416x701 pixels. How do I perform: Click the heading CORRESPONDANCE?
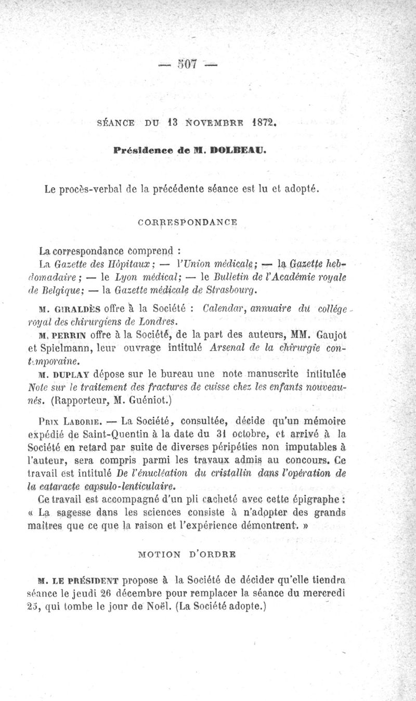pos(189,222)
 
